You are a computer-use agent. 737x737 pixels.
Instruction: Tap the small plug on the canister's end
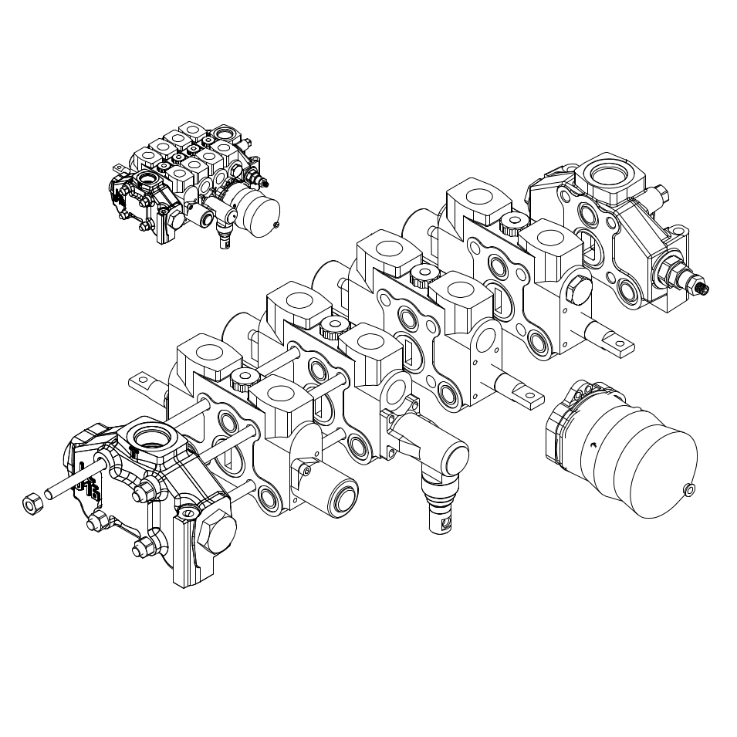[x=689, y=488]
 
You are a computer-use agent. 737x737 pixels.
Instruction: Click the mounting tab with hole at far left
[x=142, y=380]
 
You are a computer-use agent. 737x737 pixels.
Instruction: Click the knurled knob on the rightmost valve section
[x=510, y=224]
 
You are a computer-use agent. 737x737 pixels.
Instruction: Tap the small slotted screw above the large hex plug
[x=187, y=512]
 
